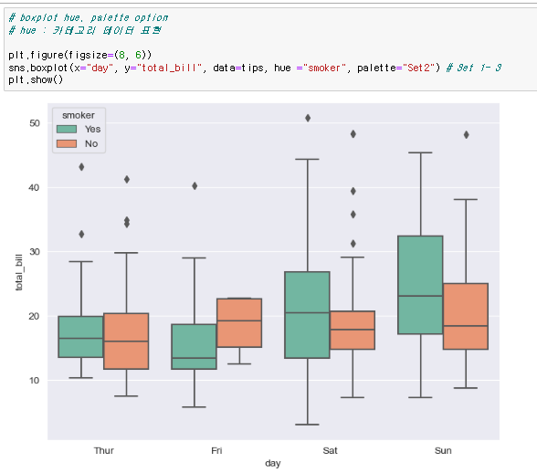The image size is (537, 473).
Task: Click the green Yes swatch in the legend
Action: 67,129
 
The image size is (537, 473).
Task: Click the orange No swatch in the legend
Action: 67,144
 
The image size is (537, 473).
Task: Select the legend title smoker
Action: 79,115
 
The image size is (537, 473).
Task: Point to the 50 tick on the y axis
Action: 35,123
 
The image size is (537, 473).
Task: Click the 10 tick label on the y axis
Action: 34,380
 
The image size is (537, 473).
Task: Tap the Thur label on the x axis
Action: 104,450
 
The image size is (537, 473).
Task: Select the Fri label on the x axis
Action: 216,450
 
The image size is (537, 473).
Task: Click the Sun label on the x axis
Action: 443,450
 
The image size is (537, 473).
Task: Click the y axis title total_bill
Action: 19,273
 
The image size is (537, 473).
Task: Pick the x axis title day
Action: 273,463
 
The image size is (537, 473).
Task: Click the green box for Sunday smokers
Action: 420,285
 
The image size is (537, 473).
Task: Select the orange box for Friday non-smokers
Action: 239,322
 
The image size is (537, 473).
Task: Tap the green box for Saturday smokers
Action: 307,315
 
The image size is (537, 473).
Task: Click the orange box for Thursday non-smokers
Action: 126,342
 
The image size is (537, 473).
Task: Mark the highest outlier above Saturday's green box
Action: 308,118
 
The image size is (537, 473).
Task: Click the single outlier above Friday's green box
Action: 195,186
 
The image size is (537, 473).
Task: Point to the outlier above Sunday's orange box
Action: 466,135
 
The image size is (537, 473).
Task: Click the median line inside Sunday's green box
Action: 420,296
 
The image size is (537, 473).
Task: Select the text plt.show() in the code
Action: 36,79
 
